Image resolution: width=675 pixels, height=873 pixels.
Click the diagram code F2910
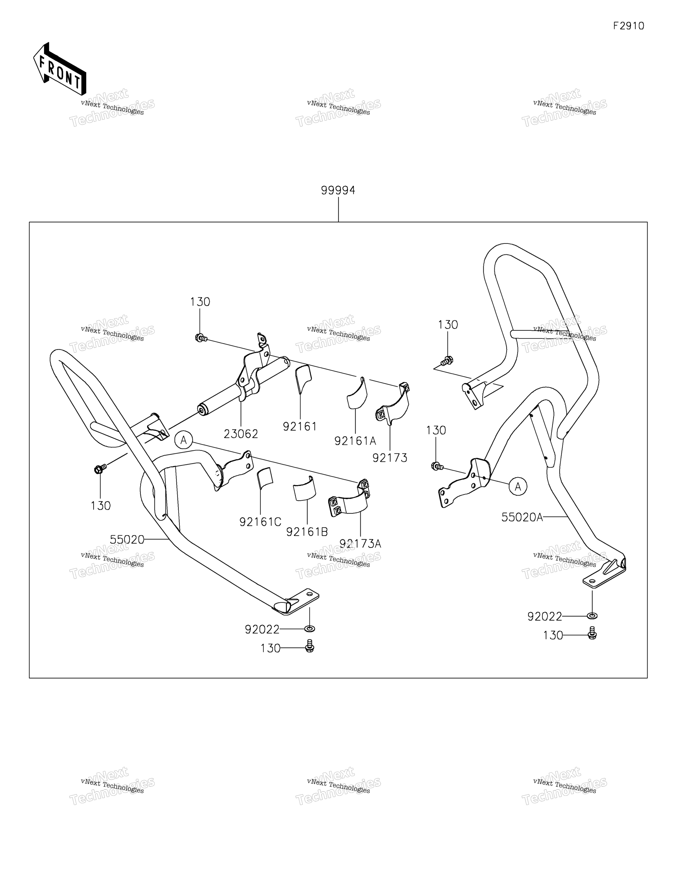coord(629,26)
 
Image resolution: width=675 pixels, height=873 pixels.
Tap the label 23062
coord(241,434)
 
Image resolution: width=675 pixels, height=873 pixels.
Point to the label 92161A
coord(355,441)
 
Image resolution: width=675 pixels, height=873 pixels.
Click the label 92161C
coord(260,522)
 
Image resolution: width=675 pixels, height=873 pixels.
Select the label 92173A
coord(360,544)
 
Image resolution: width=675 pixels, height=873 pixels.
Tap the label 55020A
coord(522,517)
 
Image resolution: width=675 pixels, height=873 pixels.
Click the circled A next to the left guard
coord(184,440)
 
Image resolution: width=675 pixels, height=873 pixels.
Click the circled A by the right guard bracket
coord(518,487)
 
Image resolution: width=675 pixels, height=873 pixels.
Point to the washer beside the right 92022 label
coord(593,616)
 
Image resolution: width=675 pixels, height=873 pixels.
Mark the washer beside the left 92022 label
coord(310,629)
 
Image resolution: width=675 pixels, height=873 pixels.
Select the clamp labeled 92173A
coord(349,498)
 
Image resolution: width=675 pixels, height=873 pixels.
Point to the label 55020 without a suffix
coord(127,540)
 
